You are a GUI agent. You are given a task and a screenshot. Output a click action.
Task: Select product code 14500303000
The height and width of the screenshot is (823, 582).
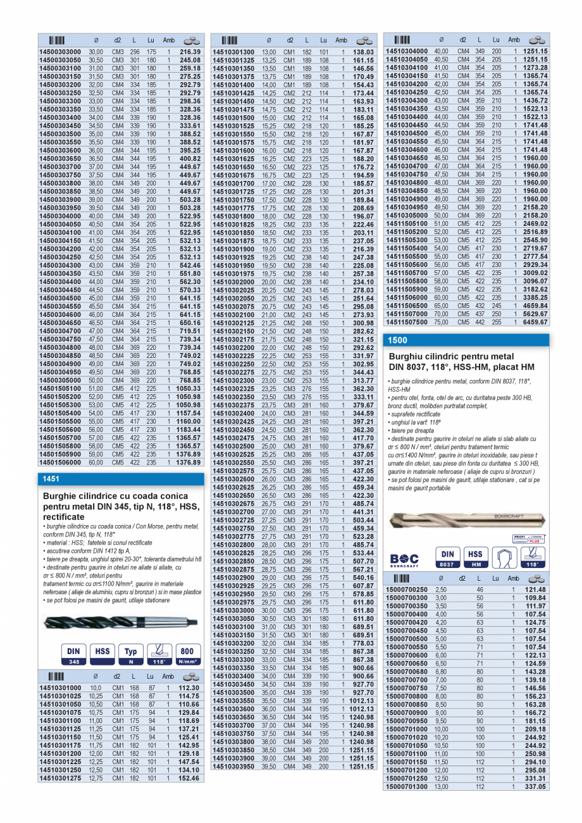tap(60, 52)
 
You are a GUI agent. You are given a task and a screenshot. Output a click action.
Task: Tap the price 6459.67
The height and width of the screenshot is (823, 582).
tap(535, 321)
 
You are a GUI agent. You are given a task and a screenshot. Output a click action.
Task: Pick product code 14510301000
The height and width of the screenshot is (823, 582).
tap(60, 688)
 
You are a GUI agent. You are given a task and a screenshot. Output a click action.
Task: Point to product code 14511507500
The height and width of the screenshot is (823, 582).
tap(406, 321)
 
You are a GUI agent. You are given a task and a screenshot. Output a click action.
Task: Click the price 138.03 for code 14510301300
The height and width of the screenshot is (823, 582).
tap(362, 52)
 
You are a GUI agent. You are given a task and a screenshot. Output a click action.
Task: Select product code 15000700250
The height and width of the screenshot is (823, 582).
tap(406, 590)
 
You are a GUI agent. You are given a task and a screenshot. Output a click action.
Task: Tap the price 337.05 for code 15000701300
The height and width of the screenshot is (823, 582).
tap(535, 786)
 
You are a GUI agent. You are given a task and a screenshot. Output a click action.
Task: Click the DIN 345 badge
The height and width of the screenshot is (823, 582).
tap(74, 654)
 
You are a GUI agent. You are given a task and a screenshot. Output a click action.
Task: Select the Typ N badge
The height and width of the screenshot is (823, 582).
tap(130, 654)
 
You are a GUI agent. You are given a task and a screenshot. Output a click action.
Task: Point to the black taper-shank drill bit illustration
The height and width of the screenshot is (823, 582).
tap(120, 622)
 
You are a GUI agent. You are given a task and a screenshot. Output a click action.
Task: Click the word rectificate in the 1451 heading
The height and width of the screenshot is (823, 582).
tap(64, 517)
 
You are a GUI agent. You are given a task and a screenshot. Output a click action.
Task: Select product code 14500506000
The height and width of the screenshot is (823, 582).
tap(60, 462)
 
